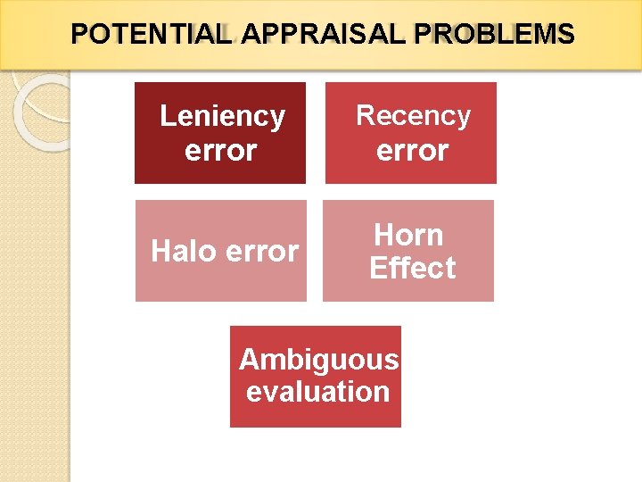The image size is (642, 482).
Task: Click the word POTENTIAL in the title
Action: [151, 35]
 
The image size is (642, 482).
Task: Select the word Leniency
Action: [222, 116]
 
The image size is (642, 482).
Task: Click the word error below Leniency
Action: [220, 150]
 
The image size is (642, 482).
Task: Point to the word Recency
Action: [413, 115]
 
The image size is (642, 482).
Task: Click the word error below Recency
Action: [412, 150]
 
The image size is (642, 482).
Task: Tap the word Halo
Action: [184, 252]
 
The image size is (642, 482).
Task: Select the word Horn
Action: [408, 235]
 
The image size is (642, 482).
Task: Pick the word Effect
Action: [412, 268]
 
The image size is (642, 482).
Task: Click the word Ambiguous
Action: [318, 359]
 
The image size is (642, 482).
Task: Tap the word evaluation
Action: [317, 391]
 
